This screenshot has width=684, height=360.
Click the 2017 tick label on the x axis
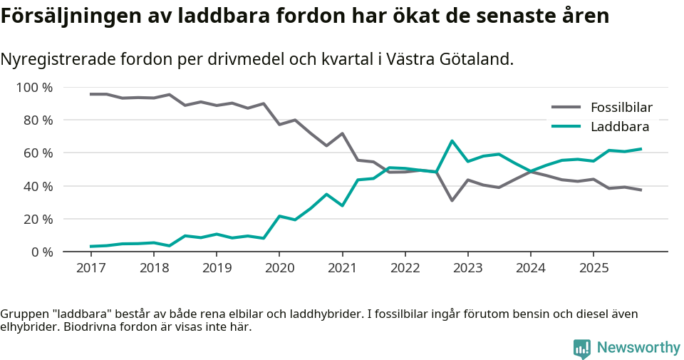click(x=90, y=268)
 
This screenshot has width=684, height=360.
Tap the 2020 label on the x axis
click(x=279, y=268)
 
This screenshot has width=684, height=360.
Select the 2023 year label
click(x=468, y=268)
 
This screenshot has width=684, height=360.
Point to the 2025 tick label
click(x=594, y=268)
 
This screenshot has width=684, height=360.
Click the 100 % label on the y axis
click(x=35, y=88)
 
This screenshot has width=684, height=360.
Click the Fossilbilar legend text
click(x=621, y=108)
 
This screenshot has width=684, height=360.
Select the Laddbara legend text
click(x=620, y=128)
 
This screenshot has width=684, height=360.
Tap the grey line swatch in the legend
click(x=566, y=108)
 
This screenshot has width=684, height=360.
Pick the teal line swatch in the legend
click(x=566, y=128)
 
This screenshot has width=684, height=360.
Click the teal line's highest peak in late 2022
click(x=452, y=141)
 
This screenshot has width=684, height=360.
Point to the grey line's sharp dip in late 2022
click(x=452, y=200)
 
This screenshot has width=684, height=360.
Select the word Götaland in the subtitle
click(x=482, y=60)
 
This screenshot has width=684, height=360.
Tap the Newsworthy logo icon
click(x=582, y=348)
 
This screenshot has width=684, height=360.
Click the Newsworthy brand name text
click(x=638, y=348)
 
